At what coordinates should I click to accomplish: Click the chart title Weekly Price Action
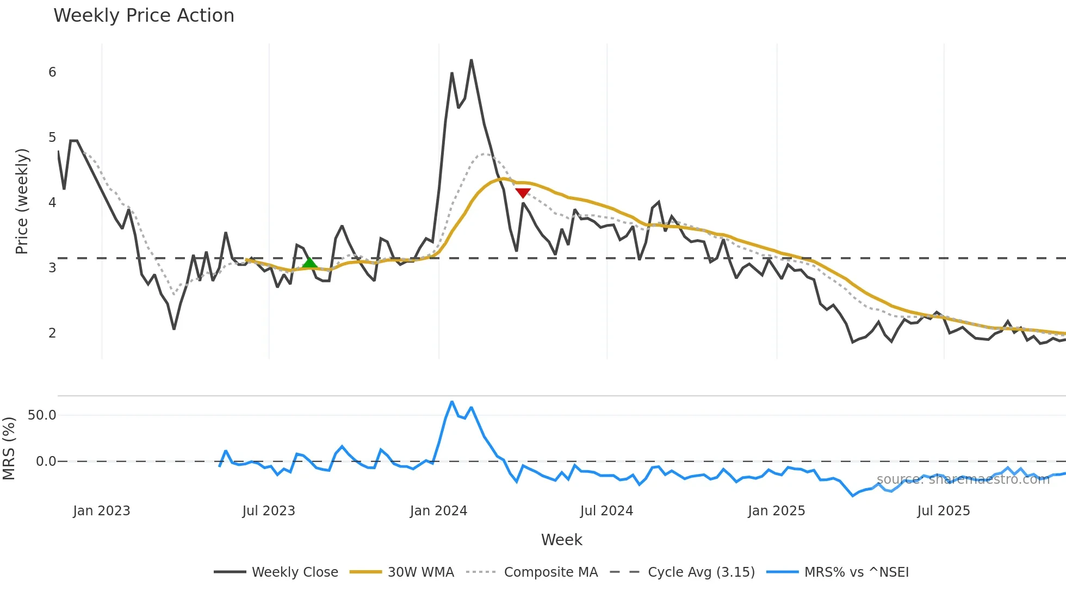[144, 16]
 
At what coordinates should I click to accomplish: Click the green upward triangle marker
[309, 264]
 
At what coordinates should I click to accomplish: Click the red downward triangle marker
[523, 193]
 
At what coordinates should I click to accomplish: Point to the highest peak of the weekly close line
[471, 60]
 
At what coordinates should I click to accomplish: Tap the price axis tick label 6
[52, 72]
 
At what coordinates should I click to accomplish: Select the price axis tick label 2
[52, 333]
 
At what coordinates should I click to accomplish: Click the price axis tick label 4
[52, 203]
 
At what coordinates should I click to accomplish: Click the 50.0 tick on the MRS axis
[42, 415]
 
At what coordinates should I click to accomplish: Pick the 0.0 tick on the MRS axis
[46, 461]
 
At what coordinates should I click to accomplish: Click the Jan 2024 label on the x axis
[438, 511]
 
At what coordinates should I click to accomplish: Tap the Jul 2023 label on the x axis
[269, 511]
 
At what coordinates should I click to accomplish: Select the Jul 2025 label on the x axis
[943, 511]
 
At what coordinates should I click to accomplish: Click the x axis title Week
[561, 540]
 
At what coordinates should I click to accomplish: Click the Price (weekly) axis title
[22, 201]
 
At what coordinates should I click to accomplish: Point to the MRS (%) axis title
[9, 448]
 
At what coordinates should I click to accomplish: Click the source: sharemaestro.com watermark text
[963, 479]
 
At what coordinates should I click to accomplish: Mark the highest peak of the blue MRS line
[452, 402]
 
